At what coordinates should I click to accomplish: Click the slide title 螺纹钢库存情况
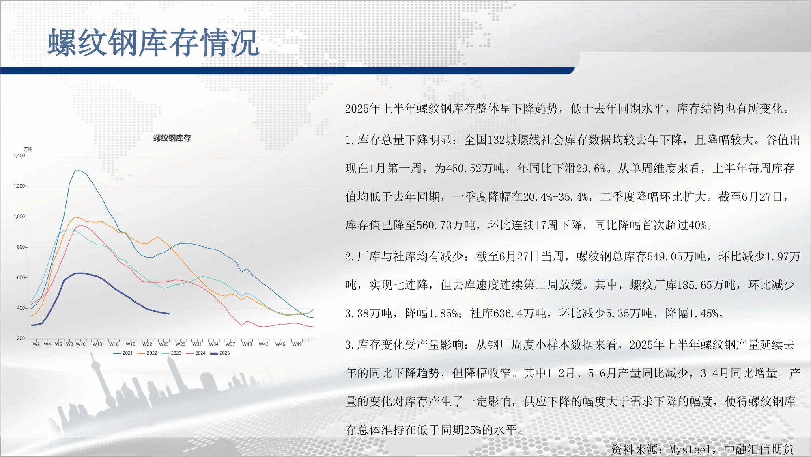pyautogui.click(x=154, y=42)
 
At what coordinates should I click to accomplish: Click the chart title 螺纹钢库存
pyautogui.click(x=172, y=138)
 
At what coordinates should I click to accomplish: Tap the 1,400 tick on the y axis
pyautogui.click(x=19, y=156)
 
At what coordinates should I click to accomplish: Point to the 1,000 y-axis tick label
pyautogui.click(x=19, y=217)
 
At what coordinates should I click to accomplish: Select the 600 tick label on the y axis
pyautogui.click(x=21, y=278)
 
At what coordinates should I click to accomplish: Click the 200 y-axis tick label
pyautogui.click(x=21, y=338)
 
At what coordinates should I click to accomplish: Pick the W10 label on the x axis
pyautogui.click(x=81, y=344)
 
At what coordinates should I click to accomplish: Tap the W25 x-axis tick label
pyautogui.click(x=163, y=344)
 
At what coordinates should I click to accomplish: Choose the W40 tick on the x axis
pyautogui.click(x=247, y=344)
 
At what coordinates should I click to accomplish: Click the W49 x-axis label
pyautogui.click(x=297, y=344)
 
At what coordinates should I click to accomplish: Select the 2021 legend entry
pyautogui.click(x=123, y=353)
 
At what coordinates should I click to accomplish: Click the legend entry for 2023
pyautogui.click(x=172, y=353)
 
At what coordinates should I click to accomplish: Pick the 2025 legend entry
pyautogui.click(x=220, y=353)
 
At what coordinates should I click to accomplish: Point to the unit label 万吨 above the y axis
pyautogui.click(x=28, y=149)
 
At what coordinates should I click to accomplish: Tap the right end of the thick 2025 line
pyautogui.click(x=169, y=314)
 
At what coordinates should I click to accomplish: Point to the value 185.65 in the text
pyautogui.click(x=695, y=285)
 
